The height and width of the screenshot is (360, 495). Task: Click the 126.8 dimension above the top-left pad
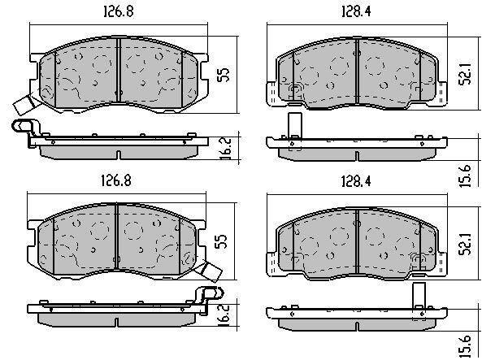[x=119, y=11]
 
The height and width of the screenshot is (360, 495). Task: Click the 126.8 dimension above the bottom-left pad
[x=116, y=180]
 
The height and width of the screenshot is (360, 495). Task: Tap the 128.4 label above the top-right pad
[x=356, y=11]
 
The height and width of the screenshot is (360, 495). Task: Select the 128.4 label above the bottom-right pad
[x=356, y=181]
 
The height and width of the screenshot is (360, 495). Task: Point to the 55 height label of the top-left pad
[x=224, y=75]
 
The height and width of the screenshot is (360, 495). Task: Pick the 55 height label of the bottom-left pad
[x=221, y=241]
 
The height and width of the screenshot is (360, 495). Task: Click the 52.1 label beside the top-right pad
[x=465, y=73]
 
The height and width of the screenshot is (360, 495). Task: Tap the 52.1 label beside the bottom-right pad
[x=465, y=244]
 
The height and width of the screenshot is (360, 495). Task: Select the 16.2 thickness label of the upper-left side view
[x=226, y=148]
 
